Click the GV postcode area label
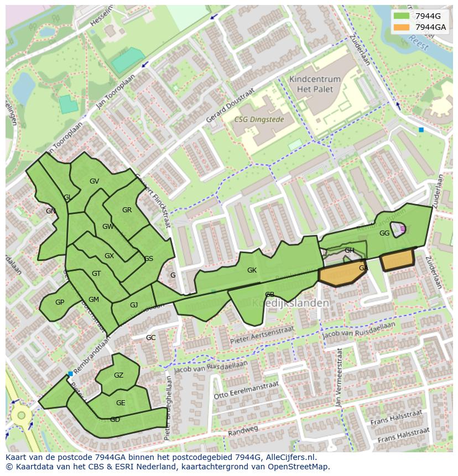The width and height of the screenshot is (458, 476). (x=94, y=181)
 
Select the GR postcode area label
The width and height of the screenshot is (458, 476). (x=127, y=210)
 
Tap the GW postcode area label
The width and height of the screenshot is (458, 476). (x=108, y=227)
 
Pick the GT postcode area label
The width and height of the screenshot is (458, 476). (x=96, y=274)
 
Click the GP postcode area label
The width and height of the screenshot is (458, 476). (x=60, y=302)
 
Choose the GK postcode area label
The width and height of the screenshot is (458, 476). (x=252, y=270)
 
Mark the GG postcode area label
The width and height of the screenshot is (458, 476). (x=384, y=233)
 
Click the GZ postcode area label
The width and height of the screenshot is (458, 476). (x=118, y=375)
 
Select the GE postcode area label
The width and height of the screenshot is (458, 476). (x=121, y=403)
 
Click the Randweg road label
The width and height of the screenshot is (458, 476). (x=243, y=430)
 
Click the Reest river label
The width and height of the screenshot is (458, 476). (x=418, y=42)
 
